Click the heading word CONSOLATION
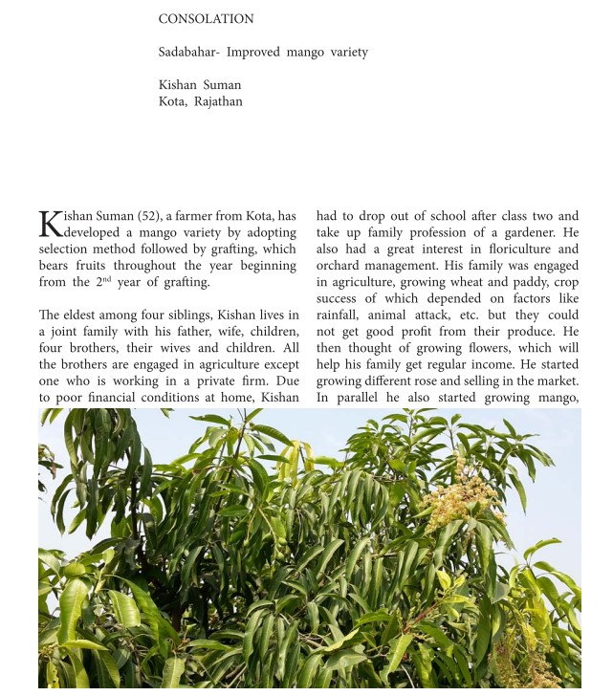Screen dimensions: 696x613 (206, 19)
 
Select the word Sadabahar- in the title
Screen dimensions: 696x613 (188, 53)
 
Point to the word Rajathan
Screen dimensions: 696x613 (218, 102)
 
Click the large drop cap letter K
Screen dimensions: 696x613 (50, 224)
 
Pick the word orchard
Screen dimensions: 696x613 (339, 266)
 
